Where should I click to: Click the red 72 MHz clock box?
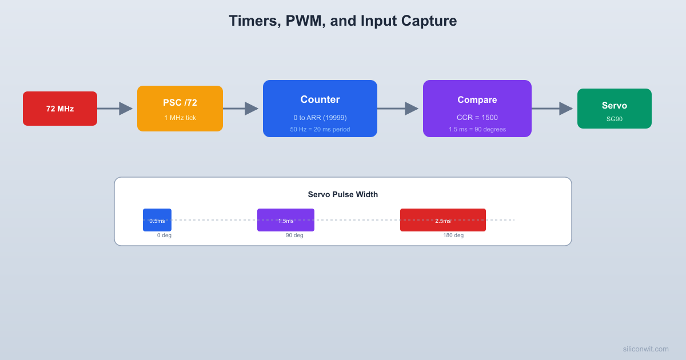pos(60,109)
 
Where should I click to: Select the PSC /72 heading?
pos(180,103)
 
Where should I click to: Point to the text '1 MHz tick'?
pos(180,118)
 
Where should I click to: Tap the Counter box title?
pos(320,99)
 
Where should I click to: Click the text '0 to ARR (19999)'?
pos(320,118)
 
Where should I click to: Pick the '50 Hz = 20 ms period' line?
pos(320,129)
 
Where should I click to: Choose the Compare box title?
pos(477,99)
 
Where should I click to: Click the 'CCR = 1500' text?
pos(477,118)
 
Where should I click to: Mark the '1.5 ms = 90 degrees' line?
pos(477,129)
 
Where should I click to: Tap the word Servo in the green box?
pos(615,105)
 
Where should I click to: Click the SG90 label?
pos(615,119)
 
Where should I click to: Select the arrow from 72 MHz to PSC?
pos(115,109)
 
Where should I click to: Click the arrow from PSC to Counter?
pos(241,109)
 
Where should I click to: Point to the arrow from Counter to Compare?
pos(398,109)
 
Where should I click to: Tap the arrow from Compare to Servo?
pos(552,109)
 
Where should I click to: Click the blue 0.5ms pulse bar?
pos(157,220)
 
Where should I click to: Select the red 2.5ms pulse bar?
pos(443,220)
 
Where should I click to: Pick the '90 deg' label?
pos(294,235)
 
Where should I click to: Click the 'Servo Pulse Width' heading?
pos(343,194)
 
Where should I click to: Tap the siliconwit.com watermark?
pos(645,349)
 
